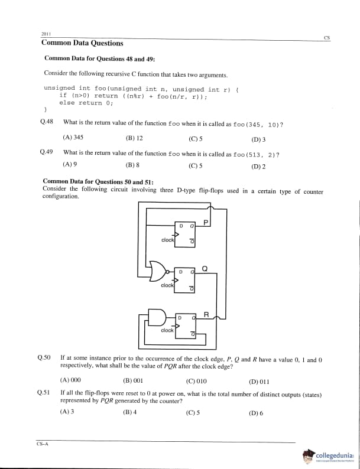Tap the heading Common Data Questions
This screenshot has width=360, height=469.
point(82,43)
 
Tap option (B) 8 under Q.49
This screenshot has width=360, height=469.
point(132,166)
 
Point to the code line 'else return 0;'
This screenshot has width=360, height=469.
point(86,102)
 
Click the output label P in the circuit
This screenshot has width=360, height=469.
point(205,222)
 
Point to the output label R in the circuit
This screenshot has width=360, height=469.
point(206,314)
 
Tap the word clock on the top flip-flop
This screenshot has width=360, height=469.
point(167,240)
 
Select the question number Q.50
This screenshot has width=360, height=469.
point(44,357)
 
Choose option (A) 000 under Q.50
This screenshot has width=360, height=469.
point(70,381)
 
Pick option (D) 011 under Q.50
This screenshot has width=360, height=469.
point(259,381)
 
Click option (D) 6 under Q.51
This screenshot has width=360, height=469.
point(256,413)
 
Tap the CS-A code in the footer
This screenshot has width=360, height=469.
point(41,445)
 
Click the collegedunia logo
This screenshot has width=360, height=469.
point(329,457)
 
